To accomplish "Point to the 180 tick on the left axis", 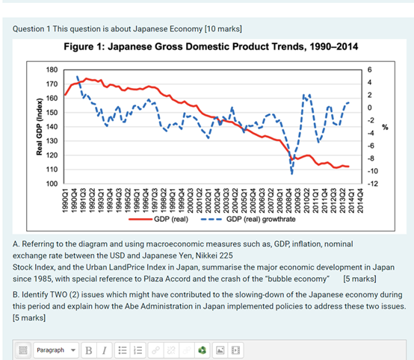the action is [x=52, y=70].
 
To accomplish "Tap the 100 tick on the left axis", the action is [x=52, y=184].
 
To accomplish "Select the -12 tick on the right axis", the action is [x=373, y=184].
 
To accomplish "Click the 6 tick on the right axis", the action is [x=369, y=70].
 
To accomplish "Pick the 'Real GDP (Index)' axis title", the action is [x=39, y=127].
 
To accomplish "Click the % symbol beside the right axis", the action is [x=385, y=127].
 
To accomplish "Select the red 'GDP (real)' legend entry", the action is [x=158, y=219].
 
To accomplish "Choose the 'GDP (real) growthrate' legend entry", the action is [x=248, y=219].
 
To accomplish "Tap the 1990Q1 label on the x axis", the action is [x=65, y=201].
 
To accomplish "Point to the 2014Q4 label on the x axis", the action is [x=360, y=201].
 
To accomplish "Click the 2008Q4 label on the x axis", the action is [x=288, y=201].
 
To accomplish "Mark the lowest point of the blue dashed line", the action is [x=291, y=174].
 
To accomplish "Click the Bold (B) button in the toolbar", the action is [x=89, y=350].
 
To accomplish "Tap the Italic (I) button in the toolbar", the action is [x=105, y=350].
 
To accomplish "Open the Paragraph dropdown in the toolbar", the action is [x=56, y=350].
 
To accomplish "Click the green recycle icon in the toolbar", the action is [x=203, y=350].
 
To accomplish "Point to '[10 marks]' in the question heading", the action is [x=223, y=29].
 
